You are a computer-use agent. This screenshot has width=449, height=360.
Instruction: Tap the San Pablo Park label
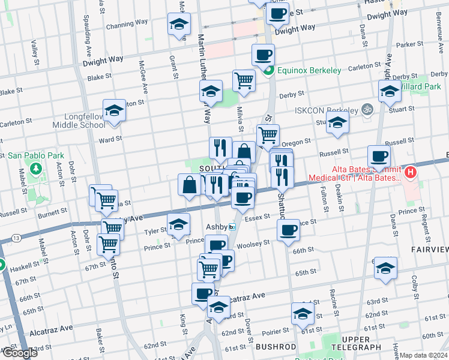(x=35, y=155)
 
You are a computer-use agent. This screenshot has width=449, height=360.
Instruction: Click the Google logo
(x=19, y=353)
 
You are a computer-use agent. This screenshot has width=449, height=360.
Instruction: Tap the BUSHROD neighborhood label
(x=276, y=347)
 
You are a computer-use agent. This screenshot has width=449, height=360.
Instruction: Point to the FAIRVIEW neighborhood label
(x=429, y=249)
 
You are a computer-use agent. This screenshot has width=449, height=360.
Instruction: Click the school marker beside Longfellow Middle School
(x=114, y=111)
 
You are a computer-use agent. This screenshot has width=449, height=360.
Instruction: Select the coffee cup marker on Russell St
(x=379, y=157)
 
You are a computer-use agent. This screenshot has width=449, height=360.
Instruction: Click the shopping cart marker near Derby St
(x=244, y=80)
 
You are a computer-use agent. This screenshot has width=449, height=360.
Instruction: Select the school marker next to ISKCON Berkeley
(x=338, y=124)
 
